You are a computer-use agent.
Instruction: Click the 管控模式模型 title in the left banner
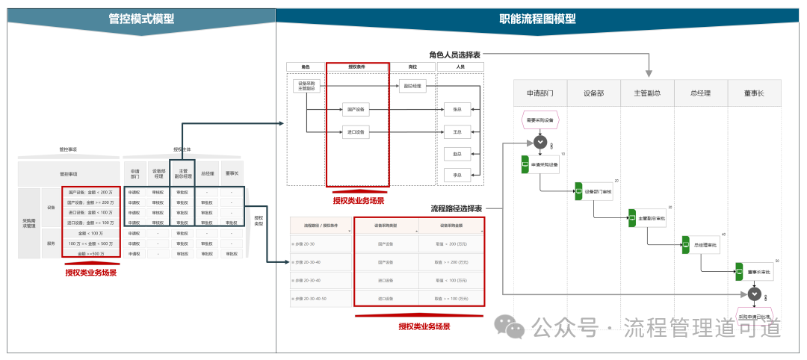pos(141,19)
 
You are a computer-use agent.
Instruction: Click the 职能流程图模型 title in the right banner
pos(537,19)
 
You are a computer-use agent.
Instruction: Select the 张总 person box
pos(457,109)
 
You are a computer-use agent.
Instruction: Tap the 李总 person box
pos(457,175)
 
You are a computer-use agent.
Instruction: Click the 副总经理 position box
pos(412,86)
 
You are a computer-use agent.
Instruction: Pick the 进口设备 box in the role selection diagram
pos(355,133)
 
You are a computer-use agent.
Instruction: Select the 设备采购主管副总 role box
pos(306,85)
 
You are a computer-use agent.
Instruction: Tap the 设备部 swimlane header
pos(591,93)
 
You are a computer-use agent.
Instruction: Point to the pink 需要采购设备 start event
pos(539,120)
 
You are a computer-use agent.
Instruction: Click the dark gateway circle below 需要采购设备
pos(540,142)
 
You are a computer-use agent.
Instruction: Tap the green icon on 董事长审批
pos(739,272)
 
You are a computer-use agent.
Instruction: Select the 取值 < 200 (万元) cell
pos(451,243)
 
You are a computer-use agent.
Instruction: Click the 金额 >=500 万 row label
pos(90,254)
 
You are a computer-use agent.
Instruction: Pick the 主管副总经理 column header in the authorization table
pos(182,173)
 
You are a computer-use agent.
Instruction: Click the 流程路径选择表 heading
pos(456,208)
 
